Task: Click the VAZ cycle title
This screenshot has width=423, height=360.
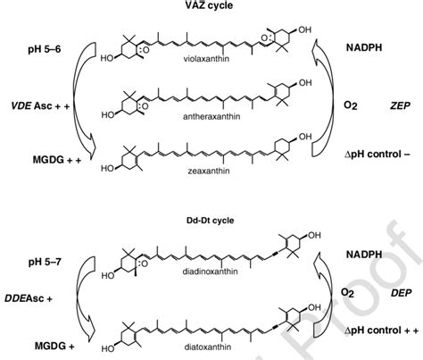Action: pos(209,5)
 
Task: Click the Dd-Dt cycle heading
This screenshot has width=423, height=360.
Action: pos(211,221)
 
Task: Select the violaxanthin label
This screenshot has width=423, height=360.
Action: pos(206,59)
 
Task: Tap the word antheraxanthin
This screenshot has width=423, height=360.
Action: pos(211,116)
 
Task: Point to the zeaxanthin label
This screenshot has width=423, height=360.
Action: pos(209,171)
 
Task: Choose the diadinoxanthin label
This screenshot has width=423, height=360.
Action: pos(210,272)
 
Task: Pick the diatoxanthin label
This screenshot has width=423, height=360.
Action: pos(208,347)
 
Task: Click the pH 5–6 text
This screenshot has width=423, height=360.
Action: pos(45,49)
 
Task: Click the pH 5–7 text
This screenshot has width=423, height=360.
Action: pos(45,263)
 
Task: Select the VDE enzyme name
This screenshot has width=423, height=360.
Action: pos(21,105)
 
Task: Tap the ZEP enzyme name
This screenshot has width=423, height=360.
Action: pos(400,105)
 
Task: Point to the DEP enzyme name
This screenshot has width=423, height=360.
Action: pos(402,293)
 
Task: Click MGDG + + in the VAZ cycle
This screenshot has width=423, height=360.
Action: pos(57,160)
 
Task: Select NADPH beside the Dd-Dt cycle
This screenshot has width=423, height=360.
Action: pos(364,255)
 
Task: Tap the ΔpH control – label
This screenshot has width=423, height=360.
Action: pos(377,155)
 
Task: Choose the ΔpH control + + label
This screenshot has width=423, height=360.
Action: pos(382,331)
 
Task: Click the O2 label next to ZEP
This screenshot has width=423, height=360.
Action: pos(350,105)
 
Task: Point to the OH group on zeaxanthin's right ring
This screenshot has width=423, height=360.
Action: pos(305,137)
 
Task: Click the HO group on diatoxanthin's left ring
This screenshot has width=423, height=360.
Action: pos(108,348)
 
